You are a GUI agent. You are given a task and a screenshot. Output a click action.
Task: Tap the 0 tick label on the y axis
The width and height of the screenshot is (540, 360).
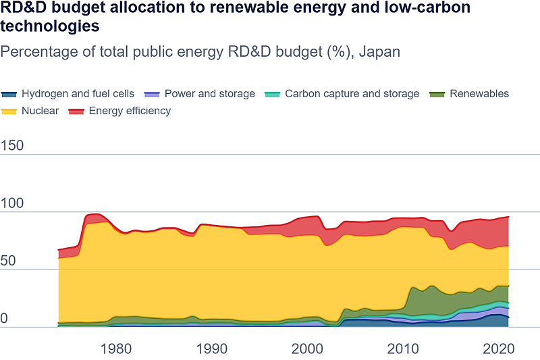pyautogui.click(x=6, y=318)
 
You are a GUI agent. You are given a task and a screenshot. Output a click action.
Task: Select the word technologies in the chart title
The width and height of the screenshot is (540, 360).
pyautogui.click(x=51, y=26)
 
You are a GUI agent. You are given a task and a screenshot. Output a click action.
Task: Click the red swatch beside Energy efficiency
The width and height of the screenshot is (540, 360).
pyautogui.click(x=76, y=111)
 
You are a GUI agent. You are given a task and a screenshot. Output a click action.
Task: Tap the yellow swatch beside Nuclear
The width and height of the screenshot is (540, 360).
pyautogui.click(x=9, y=111)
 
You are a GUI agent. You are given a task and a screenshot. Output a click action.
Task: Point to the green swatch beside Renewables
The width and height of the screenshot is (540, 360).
pyautogui.click(x=437, y=94)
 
